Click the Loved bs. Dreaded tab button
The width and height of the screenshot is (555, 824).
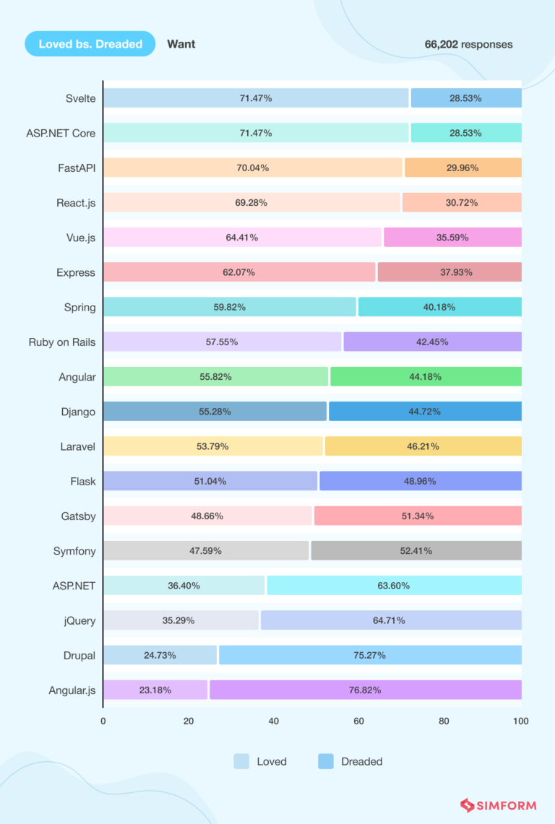[90, 44]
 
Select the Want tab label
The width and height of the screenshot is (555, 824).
[181, 44]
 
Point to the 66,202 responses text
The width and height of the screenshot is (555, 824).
[468, 45]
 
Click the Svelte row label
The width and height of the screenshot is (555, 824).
[79, 98]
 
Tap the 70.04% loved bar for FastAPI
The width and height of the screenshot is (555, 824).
[252, 168]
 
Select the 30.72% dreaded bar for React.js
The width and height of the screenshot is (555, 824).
[462, 203]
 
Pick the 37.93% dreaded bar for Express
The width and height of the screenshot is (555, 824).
[449, 272]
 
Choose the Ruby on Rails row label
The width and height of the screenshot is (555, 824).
[62, 342]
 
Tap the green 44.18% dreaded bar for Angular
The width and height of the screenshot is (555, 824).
[426, 376]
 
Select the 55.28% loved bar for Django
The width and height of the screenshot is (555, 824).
[215, 412]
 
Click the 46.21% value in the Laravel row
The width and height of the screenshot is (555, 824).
[422, 446]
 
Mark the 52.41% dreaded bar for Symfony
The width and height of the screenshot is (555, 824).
[416, 550]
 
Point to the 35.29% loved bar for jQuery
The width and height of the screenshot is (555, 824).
[181, 620]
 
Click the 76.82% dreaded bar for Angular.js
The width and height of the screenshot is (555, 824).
[365, 690]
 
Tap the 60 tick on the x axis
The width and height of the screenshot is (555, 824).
[358, 721]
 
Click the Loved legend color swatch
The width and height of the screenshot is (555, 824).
[241, 761]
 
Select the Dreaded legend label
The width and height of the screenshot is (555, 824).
[361, 761]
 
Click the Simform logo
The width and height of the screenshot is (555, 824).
[499, 805]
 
